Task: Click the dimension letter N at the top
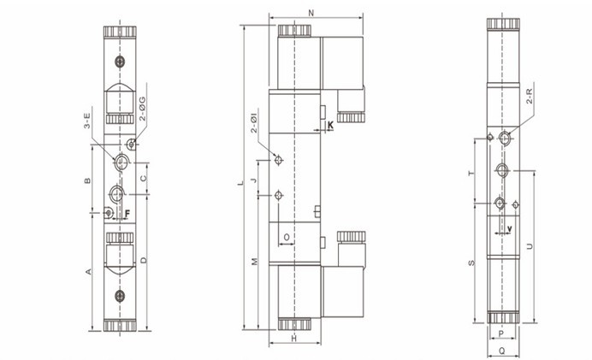pos(311,13)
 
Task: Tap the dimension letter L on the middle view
pos(240,183)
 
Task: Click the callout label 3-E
pos(87,121)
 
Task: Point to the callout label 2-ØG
pos(142,109)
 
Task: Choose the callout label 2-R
pos(529,96)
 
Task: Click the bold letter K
pos(330,125)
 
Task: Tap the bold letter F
pos(127,214)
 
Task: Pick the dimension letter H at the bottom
pos(294,339)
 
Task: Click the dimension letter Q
pos(502,351)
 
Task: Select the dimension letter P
pos(501,333)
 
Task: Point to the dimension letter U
pos(530,246)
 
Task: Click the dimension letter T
pos(471,174)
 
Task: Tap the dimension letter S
pos(471,263)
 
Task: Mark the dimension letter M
pos(254,261)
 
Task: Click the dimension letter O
pos(287,237)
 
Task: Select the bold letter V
pos(510,228)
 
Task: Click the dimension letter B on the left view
pos(87,180)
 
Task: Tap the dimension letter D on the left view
pos(144,260)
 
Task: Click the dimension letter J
pos(254,180)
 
